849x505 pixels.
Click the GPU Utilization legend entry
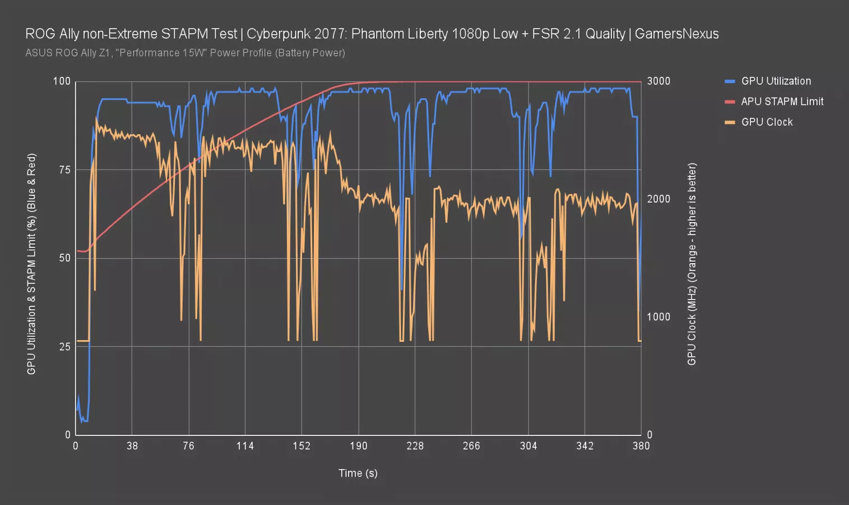point(776,81)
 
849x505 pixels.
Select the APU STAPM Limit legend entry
point(782,102)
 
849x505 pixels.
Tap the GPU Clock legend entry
point(767,122)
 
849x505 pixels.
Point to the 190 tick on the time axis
point(358,446)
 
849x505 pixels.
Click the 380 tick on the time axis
point(641,446)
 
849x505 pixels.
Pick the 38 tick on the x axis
point(132,446)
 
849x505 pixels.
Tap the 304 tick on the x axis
point(528,446)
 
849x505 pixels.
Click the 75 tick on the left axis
point(64,170)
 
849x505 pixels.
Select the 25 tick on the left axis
point(64,347)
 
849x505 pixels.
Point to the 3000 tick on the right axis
point(658,81)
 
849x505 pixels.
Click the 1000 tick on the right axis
point(658,317)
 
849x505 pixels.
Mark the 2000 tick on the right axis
point(658,199)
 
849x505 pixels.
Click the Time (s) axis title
point(358,473)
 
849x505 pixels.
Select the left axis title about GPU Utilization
point(31,264)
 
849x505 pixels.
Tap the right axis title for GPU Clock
point(692,264)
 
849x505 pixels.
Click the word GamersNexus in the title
point(676,34)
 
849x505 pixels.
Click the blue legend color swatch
point(730,81)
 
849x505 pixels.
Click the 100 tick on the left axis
point(62,81)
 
